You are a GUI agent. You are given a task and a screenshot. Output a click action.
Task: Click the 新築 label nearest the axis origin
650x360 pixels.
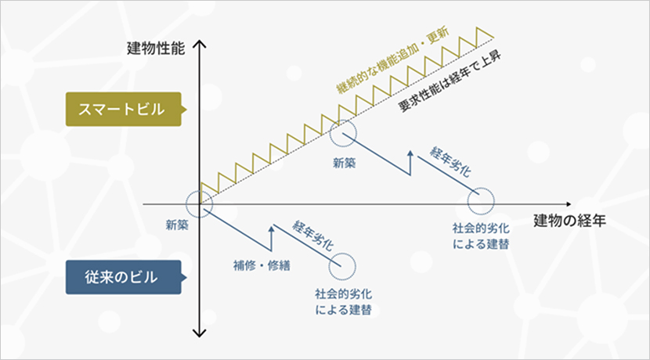click(x=178, y=225)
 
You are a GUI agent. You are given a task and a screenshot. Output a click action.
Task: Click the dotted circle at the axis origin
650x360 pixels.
click(x=201, y=204)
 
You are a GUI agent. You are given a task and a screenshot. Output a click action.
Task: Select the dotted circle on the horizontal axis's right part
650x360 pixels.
click(x=481, y=203)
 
